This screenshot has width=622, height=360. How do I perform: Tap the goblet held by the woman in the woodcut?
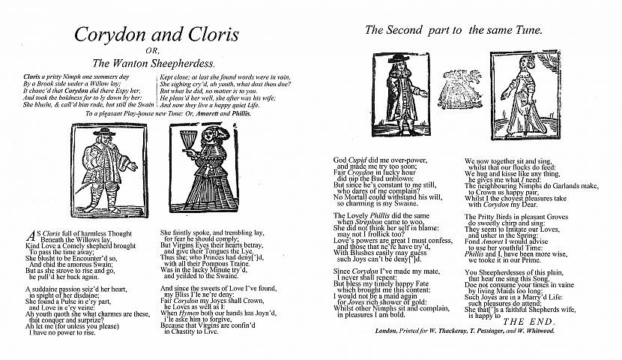[x=189, y=140]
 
